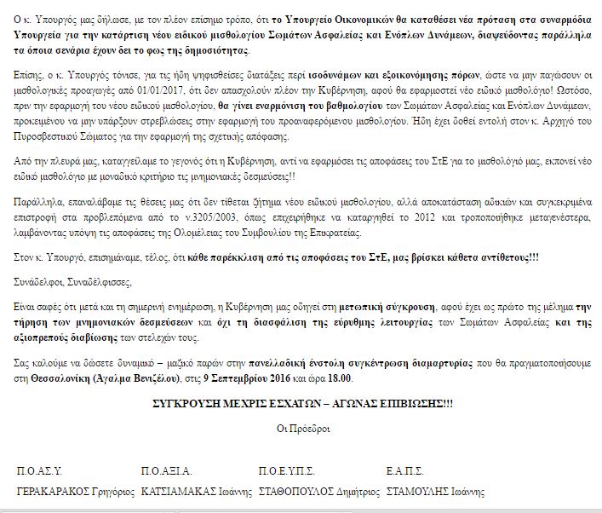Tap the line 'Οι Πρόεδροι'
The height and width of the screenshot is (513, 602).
[300, 428]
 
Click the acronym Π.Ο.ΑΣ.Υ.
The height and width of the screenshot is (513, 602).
[40, 470]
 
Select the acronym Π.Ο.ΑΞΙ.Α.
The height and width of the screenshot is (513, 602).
[168, 470]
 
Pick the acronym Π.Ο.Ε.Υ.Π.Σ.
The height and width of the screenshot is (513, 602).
[286, 470]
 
